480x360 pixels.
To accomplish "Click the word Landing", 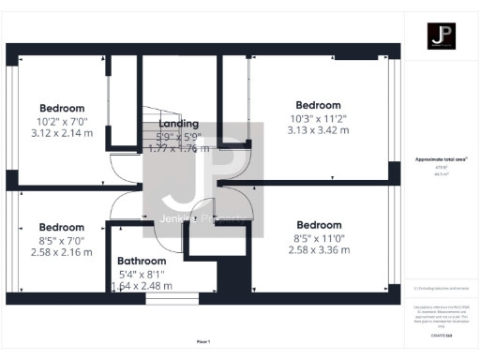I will [178, 124].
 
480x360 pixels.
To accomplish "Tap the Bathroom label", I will [142, 262].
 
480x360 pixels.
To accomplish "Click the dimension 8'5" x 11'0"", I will [320, 238].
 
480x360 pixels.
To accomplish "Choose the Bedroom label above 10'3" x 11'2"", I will [319, 105].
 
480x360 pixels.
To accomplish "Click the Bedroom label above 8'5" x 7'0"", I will [62, 228].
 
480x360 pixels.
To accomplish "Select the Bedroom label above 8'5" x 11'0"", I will [320, 225].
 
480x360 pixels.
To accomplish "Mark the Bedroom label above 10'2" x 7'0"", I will [62, 108].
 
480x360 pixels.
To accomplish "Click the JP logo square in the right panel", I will [442, 37].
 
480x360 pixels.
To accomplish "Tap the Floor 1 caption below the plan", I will [203, 341].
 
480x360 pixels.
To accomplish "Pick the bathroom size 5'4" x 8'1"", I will [142, 275].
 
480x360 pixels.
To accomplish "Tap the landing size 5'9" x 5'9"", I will [178, 136].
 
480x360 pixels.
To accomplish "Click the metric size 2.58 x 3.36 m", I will [320, 250].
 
